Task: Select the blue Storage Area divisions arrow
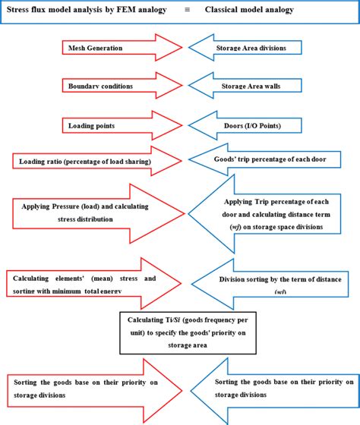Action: point(251,47)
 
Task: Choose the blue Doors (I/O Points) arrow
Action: point(251,124)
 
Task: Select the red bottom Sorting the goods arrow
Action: point(84,389)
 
